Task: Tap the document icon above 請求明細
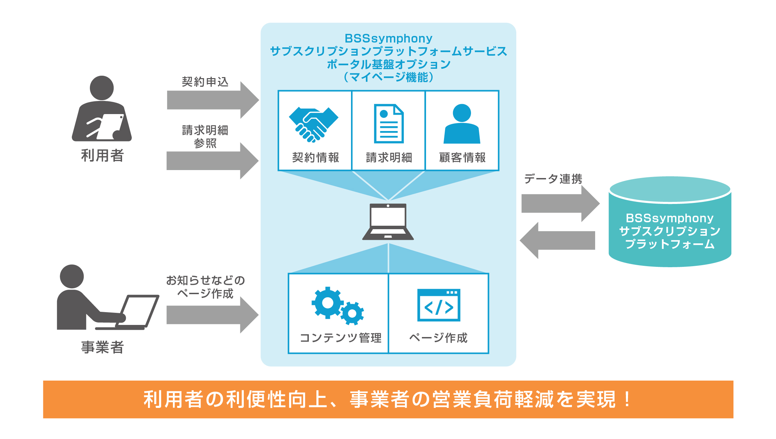pyautogui.click(x=389, y=123)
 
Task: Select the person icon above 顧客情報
pyautogui.click(x=462, y=124)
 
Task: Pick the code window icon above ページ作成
pyautogui.click(x=438, y=305)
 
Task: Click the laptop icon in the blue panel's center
pyautogui.click(x=388, y=222)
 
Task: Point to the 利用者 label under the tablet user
pyautogui.click(x=102, y=156)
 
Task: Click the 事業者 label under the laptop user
pyautogui.click(x=102, y=347)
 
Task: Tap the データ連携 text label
pyautogui.click(x=553, y=179)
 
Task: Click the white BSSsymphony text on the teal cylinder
pyautogui.click(x=669, y=218)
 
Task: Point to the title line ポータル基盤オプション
pyautogui.click(x=388, y=64)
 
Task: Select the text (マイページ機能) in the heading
pyautogui.click(x=388, y=77)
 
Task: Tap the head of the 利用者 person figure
pyautogui.click(x=102, y=88)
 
